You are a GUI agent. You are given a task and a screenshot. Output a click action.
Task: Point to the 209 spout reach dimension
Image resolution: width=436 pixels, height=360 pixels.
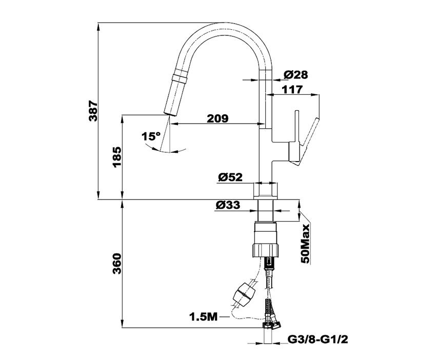click(x=217, y=118)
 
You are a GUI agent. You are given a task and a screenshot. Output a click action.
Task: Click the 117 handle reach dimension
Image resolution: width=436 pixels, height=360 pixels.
click(x=291, y=90)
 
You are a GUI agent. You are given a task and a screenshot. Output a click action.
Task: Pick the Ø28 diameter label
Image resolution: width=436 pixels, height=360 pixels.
click(x=295, y=75)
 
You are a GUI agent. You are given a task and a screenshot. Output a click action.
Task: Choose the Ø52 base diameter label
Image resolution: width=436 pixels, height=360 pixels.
click(x=230, y=177)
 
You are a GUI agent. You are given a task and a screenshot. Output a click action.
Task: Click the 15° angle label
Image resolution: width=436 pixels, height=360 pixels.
click(x=151, y=137)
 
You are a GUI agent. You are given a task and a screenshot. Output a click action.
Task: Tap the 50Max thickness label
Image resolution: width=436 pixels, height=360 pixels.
click(x=306, y=244)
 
